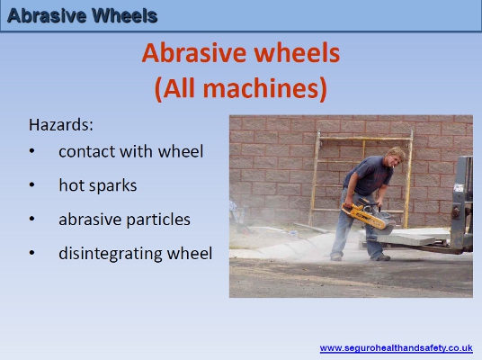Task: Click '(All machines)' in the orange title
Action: pos(240,88)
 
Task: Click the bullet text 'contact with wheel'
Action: pos(131,151)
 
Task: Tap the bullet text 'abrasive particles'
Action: pos(124,219)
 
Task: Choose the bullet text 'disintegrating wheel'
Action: pos(135,253)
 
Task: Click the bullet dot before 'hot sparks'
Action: pos(33,185)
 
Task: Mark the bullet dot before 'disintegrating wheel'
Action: pos(33,253)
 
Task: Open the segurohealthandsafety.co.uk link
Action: pos(396,347)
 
